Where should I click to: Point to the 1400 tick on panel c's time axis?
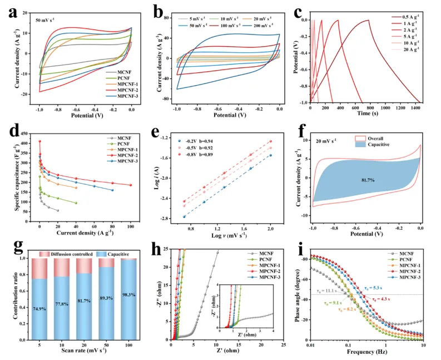[x=412, y=111]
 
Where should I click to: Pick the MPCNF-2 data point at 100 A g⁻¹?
[x=131, y=185]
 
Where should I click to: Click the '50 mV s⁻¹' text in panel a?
[x=48, y=20]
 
